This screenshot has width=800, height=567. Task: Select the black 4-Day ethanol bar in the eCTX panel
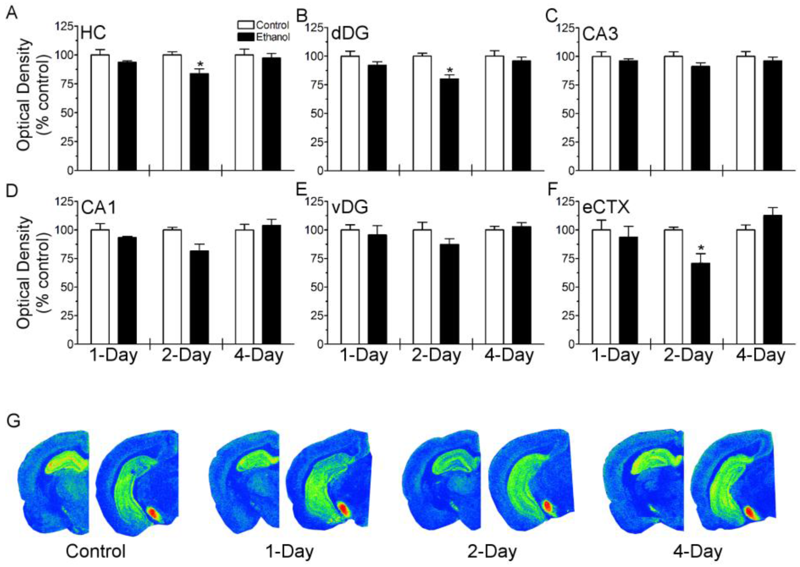click(772, 279)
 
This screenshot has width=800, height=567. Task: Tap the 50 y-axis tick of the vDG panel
click(316, 287)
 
